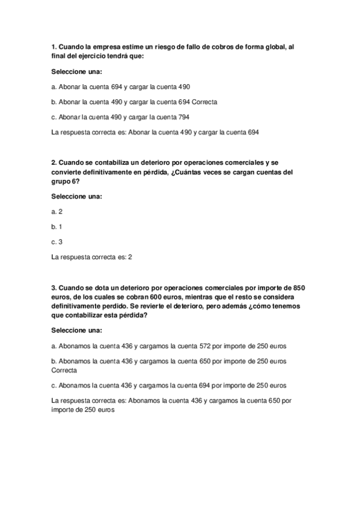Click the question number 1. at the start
pyautogui.click(x=54, y=46)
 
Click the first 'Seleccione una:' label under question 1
pyautogui.click(x=77, y=72)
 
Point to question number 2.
pyautogui.click(x=54, y=162)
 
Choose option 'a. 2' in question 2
pyautogui.click(x=57, y=212)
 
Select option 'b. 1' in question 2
pyautogui.click(x=57, y=227)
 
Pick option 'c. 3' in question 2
pyautogui.click(x=57, y=242)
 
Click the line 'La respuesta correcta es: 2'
pyautogui.click(x=92, y=257)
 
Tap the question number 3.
pyautogui.click(x=54, y=287)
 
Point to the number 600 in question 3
pyautogui.click(x=162, y=296)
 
